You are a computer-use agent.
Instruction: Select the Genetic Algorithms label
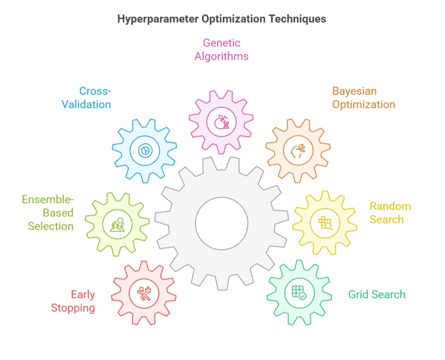[x=222, y=50]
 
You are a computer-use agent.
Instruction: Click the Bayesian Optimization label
[x=363, y=98]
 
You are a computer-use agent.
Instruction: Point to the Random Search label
[x=390, y=213]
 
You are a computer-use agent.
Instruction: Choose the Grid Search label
[x=377, y=294]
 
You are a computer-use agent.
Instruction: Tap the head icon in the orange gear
[x=298, y=151]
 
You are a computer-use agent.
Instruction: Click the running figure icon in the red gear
[x=144, y=293]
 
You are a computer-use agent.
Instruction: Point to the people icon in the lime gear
[x=117, y=224]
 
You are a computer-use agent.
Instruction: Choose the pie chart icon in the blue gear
[x=144, y=151]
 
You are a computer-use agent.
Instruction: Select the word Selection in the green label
[x=50, y=226]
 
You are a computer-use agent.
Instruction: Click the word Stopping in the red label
[x=73, y=308]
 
